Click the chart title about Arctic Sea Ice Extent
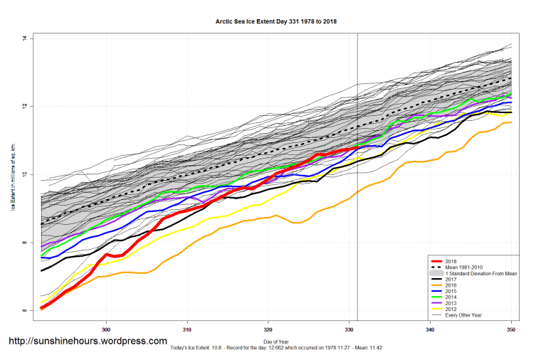pos(276,21)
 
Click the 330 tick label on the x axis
pos(349,330)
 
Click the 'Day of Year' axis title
pos(276,342)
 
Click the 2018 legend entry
pos(451,260)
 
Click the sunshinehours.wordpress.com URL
pos(88,341)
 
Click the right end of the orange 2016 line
pos(511,122)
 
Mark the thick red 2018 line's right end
pos(357,148)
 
